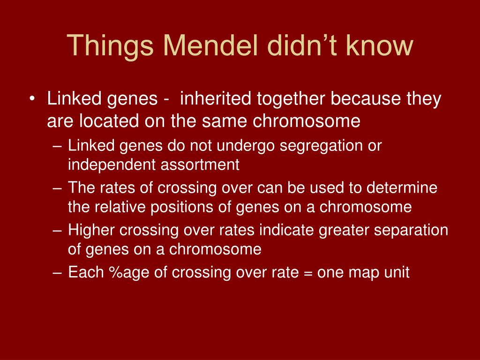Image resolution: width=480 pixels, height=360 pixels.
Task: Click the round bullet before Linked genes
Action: [32, 99]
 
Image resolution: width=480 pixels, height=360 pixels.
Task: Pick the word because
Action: [366, 98]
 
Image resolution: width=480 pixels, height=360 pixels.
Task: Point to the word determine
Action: [402, 187]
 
